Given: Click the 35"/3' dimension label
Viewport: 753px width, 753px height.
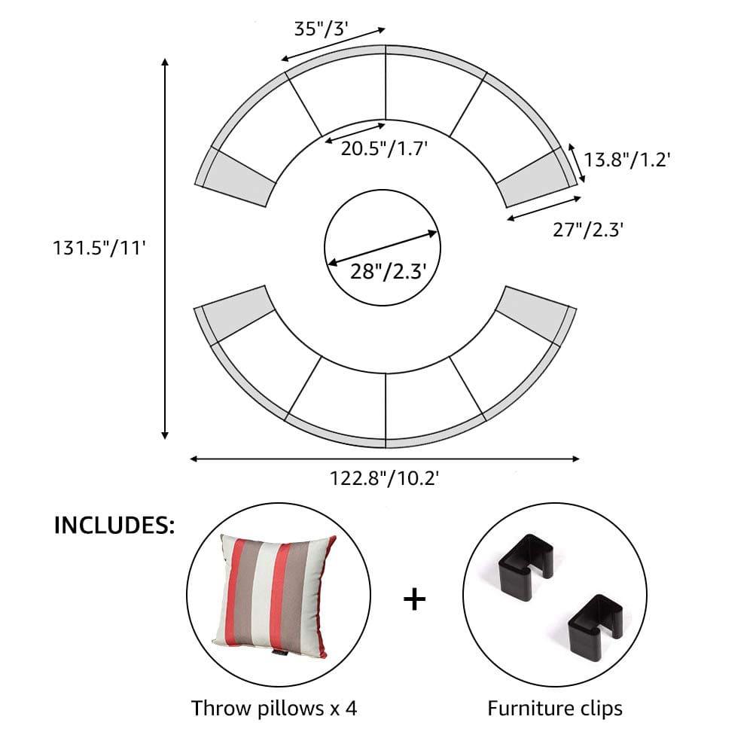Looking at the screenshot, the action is pos(320,29).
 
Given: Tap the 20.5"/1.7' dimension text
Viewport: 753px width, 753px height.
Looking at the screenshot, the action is pos(384,148).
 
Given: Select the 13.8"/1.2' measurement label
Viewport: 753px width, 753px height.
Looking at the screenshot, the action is pos(626,160).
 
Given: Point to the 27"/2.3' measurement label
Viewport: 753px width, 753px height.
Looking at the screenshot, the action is pos(588,230).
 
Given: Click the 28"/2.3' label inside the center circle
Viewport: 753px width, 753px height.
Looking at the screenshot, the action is pos(388,271).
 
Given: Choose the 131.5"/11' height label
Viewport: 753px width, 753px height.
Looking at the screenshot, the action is pos(99,248).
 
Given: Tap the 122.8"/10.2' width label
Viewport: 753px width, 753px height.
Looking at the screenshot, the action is pos(384,478).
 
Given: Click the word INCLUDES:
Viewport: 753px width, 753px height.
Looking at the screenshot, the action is pos(114,526).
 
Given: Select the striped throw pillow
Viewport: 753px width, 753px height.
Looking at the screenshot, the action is pos(274,596).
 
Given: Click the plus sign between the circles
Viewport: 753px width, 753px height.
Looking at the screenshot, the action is pos(414,600).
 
